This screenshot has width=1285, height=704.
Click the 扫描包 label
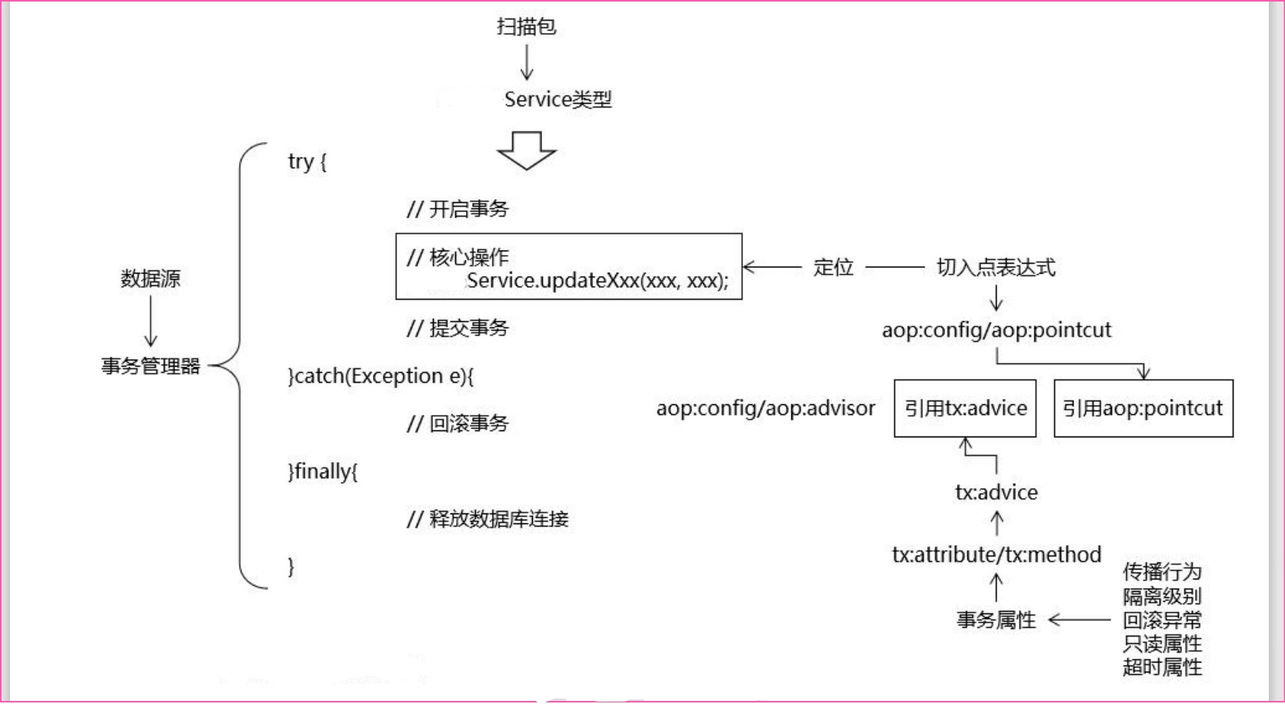(x=526, y=27)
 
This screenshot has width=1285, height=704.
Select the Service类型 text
(x=558, y=99)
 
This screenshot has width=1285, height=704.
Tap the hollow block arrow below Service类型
(x=527, y=150)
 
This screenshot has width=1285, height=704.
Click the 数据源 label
(x=150, y=278)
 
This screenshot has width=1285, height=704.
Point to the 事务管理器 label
(x=151, y=366)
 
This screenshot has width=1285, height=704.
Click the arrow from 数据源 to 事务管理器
(x=151, y=321)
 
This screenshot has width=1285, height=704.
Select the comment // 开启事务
(x=458, y=209)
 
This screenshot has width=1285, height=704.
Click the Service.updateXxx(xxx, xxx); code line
(x=597, y=281)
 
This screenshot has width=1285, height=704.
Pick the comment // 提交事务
(x=458, y=328)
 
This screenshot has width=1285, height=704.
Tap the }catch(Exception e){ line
(x=381, y=376)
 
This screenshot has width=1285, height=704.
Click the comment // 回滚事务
(x=458, y=423)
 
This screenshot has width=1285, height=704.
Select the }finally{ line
(x=323, y=471)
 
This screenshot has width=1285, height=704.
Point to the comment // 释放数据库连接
(x=488, y=520)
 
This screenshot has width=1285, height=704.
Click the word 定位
(x=834, y=267)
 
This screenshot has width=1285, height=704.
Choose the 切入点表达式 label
(x=996, y=267)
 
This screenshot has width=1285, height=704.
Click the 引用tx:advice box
(x=965, y=408)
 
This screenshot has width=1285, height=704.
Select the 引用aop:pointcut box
(x=1143, y=408)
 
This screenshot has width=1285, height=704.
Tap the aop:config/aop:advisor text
(x=765, y=408)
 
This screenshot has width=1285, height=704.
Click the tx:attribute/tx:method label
(x=997, y=555)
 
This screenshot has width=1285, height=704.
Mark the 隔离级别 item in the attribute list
(x=1161, y=596)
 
